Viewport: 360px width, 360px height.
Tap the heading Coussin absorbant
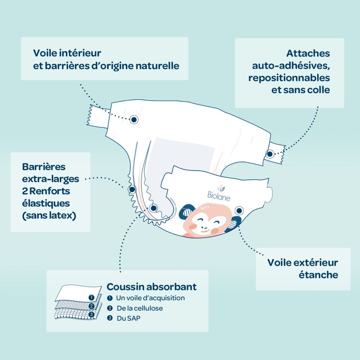coord(152,287)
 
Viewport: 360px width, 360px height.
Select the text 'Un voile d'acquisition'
coord(150,298)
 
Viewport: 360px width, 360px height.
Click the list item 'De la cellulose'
coord(140,308)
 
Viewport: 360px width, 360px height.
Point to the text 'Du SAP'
coord(129,318)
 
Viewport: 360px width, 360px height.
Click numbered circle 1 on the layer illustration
coord(91,298)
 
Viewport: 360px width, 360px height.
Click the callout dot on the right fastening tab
coord(270,154)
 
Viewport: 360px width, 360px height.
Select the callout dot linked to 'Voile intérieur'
coord(134,120)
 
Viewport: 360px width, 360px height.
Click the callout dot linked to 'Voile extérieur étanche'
coord(239,210)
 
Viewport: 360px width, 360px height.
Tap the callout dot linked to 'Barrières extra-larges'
coord(132,189)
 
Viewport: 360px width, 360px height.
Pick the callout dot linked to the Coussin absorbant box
coord(153,208)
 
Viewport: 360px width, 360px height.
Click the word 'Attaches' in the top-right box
coord(308,53)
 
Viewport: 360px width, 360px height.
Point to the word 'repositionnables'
coord(289,78)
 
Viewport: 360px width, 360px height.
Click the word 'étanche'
coord(319,275)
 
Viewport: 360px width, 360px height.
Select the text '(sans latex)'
coord(49,216)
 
